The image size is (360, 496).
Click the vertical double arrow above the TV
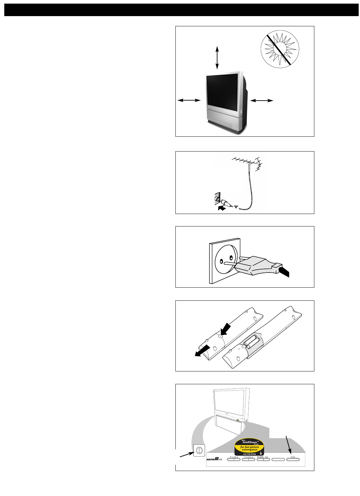[x=217, y=58]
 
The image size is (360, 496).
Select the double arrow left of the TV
[x=189, y=100]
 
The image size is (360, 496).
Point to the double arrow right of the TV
[x=261, y=101]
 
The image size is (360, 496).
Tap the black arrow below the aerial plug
[x=223, y=208]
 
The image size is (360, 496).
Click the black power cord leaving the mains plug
[x=284, y=272]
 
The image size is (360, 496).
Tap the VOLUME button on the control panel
[x=234, y=459]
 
